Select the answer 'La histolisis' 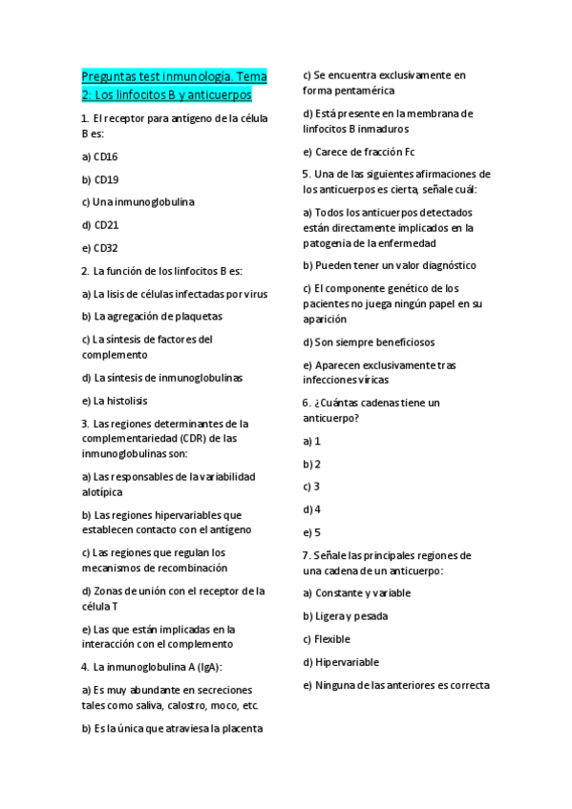pos(115,401)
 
